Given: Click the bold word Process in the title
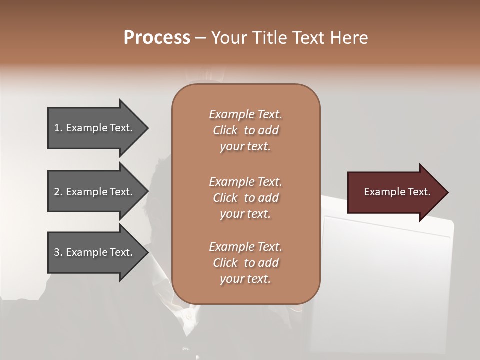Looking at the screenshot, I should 157,38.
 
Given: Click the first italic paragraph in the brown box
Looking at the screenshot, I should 245,130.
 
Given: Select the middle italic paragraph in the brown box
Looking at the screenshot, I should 245,198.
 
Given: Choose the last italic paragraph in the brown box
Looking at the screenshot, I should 245,263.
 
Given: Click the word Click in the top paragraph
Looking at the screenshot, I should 225,130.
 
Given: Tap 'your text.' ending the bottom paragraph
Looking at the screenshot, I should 245,279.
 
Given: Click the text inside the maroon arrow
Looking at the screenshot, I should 397,192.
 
